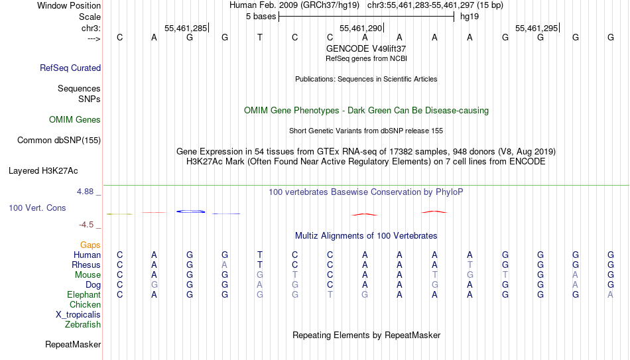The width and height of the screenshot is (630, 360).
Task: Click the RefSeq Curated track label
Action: click(x=70, y=68)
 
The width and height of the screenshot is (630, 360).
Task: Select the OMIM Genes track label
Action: click(x=75, y=120)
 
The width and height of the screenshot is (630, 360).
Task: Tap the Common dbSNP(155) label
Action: click(x=58, y=141)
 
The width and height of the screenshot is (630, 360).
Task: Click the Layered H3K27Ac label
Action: click(x=43, y=171)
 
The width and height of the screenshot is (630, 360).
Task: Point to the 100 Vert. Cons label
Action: click(x=37, y=208)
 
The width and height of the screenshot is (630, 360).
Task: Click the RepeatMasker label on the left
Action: click(x=73, y=344)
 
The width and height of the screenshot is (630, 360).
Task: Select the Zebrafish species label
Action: click(x=83, y=325)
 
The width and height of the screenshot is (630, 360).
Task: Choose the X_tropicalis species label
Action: click(x=78, y=315)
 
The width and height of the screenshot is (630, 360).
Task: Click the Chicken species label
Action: click(x=85, y=304)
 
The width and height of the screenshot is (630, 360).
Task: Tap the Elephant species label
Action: click(x=84, y=294)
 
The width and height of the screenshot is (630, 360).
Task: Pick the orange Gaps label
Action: click(x=90, y=245)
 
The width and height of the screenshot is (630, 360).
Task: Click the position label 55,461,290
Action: click(x=361, y=28)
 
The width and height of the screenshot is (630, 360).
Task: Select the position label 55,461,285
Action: click(x=186, y=28)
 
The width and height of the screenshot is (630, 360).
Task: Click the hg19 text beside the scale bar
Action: click(x=470, y=17)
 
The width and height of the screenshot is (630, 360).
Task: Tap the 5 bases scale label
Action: click(x=261, y=17)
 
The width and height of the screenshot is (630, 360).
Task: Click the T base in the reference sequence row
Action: click(x=260, y=37)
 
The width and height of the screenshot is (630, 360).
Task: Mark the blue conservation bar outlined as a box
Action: click(x=191, y=211)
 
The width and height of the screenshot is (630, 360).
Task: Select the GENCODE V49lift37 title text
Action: click(x=366, y=48)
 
